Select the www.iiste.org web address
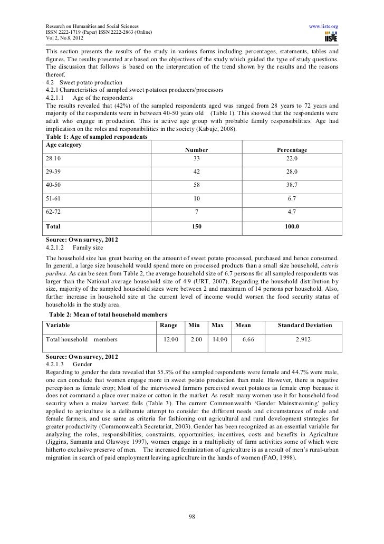coord(323,26)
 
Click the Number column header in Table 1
coord(197,150)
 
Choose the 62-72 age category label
coord(54,212)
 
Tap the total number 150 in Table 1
coord(197,226)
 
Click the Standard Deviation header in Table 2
coord(305,325)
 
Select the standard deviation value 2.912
coord(305,339)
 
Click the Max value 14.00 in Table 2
coord(218,339)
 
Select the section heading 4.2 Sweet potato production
coord(84,83)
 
